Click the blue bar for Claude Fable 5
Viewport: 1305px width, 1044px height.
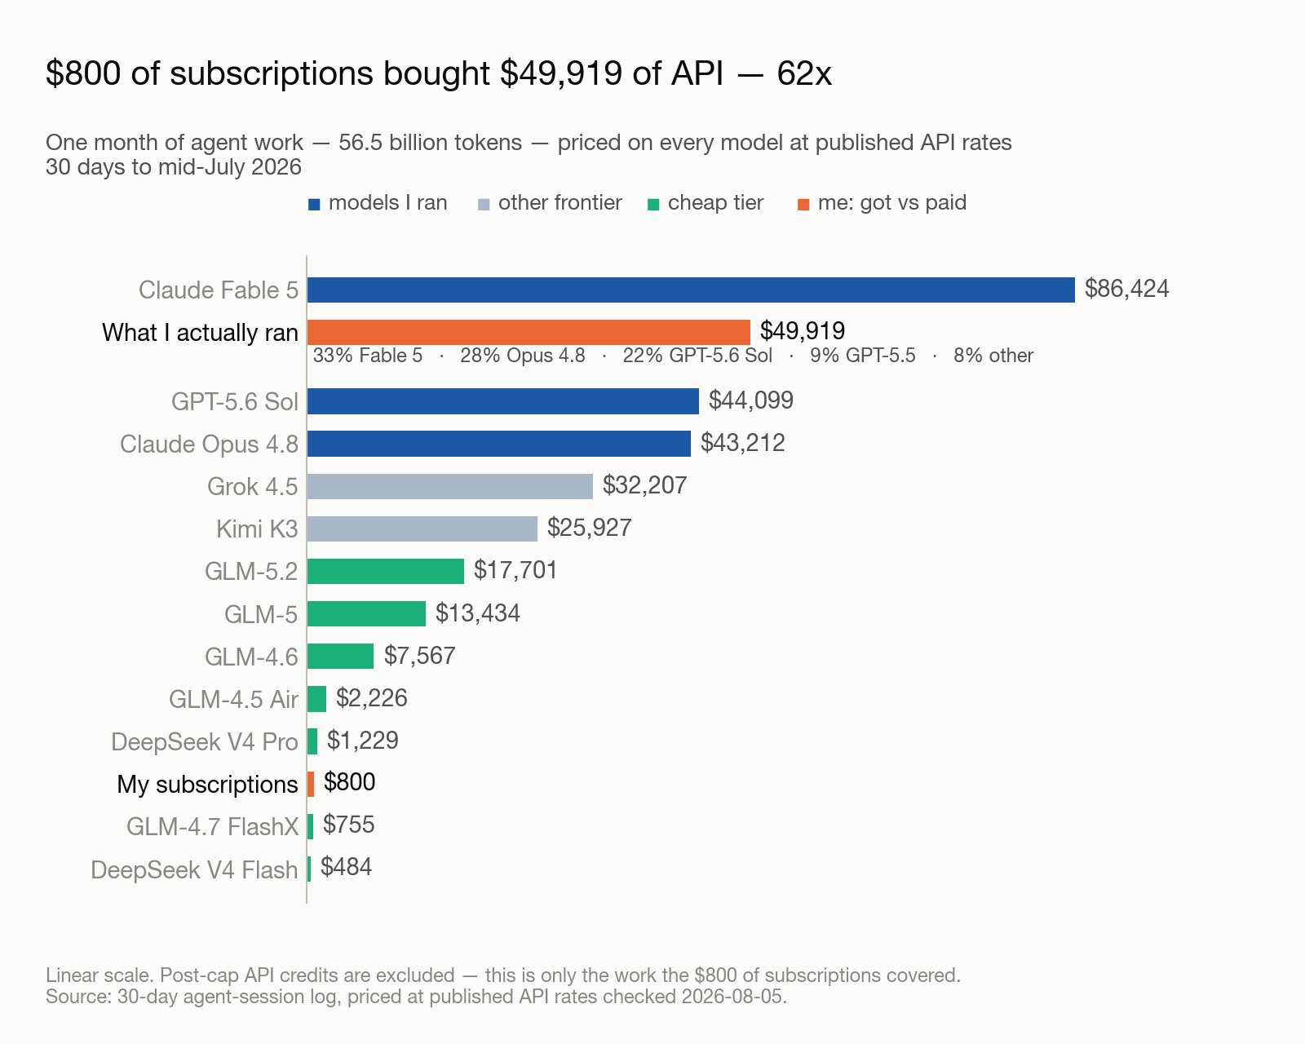691,290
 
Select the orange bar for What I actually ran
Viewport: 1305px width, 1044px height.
529,333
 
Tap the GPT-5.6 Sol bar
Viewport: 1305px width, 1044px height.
502,401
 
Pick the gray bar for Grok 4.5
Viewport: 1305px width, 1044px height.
450,486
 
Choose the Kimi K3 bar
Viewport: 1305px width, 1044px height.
422,529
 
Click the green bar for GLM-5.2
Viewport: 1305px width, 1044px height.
386,572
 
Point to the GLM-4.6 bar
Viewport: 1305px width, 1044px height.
340,657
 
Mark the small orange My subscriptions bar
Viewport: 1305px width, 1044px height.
311,784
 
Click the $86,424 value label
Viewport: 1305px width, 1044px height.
1126,289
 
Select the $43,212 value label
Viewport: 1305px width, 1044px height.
743,443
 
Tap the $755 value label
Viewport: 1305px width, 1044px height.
349,825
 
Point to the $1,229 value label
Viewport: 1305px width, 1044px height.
363,741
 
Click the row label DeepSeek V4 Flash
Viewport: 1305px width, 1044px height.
194,870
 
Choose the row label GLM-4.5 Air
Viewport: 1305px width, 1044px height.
233,700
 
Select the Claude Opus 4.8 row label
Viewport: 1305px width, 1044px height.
210,444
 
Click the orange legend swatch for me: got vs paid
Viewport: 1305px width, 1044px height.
803,205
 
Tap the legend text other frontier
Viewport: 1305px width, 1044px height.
560,202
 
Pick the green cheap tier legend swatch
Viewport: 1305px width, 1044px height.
653,205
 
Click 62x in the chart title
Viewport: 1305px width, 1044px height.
804,73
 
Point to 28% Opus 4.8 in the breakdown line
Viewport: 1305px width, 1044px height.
523,356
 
